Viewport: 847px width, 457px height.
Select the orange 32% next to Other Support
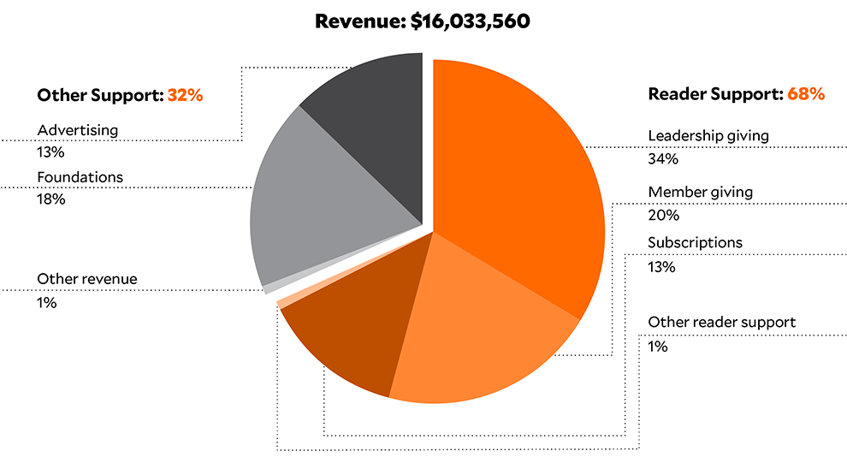tap(185, 96)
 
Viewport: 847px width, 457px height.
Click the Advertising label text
tap(78, 130)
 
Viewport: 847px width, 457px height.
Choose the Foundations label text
tap(80, 177)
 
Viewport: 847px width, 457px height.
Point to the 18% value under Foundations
tap(51, 199)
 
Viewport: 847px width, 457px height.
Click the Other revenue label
tap(86, 279)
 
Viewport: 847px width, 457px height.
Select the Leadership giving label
tap(708, 135)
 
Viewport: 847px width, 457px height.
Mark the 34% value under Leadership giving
tap(663, 158)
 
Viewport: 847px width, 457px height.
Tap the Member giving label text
tap(701, 192)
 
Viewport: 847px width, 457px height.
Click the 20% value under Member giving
tap(663, 215)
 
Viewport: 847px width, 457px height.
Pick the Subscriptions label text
tap(696, 243)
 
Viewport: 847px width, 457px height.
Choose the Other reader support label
tap(722, 323)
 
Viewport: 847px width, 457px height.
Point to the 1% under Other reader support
tap(658, 347)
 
